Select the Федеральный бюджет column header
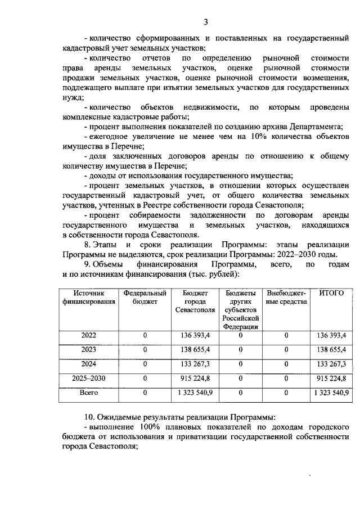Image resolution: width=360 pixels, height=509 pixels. (145, 298)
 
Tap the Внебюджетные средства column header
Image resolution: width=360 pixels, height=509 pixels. (286, 298)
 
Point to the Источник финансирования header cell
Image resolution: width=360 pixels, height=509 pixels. (88, 298)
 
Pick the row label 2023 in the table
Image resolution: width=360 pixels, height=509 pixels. (88, 350)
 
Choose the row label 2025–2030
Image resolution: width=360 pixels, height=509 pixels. (88, 378)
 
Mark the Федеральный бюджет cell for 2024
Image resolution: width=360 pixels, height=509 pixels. (145, 364)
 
